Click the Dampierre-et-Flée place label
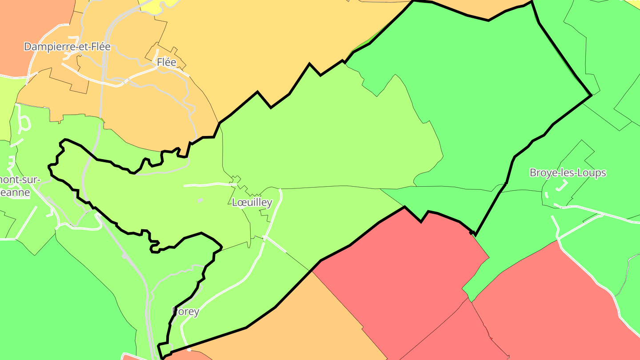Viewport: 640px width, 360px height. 67,47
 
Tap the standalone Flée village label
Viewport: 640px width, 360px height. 167,63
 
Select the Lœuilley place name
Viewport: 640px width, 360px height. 252,203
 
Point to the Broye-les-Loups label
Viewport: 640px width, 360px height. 568,173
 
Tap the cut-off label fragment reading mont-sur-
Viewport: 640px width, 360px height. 20,180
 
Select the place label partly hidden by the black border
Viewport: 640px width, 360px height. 186,312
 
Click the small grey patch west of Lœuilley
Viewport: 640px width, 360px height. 200,200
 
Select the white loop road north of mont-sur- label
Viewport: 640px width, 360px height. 24,123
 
